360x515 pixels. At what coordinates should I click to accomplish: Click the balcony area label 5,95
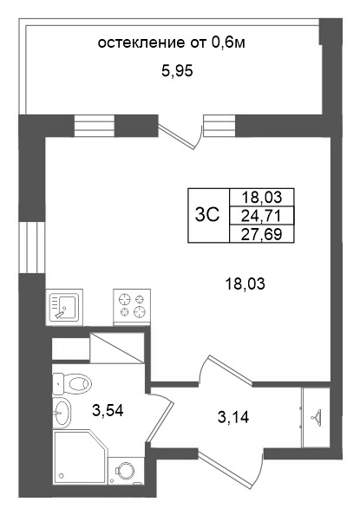(x=177, y=71)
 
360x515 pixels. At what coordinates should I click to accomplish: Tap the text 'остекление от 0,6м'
(x=171, y=42)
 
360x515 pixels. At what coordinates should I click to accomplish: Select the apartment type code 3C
(x=207, y=215)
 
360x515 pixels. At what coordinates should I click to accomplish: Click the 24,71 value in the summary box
(x=261, y=216)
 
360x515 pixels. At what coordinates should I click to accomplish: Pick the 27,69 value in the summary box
(x=261, y=234)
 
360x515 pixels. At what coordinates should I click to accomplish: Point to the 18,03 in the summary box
(x=262, y=197)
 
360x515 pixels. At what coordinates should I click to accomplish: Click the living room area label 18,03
(x=245, y=284)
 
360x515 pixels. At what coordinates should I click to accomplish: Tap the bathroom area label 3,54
(x=108, y=411)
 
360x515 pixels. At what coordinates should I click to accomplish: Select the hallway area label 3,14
(x=233, y=417)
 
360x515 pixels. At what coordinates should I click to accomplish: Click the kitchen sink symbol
(x=64, y=307)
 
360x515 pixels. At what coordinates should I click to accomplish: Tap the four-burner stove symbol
(x=132, y=307)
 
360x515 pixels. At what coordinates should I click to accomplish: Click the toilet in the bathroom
(x=72, y=383)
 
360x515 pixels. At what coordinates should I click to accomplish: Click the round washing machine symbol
(x=126, y=471)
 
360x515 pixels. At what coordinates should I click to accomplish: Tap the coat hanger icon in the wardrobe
(x=316, y=417)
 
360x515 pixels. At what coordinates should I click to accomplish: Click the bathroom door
(x=160, y=414)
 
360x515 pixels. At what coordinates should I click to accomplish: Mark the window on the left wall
(x=31, y=247)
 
